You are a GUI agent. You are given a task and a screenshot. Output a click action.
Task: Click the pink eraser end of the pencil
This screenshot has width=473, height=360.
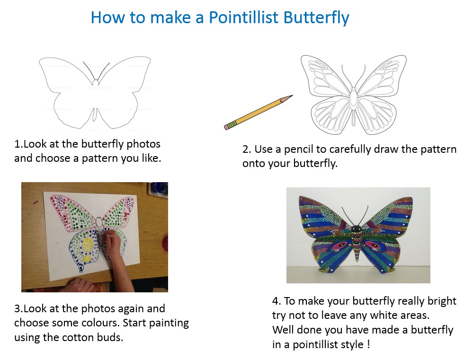point(227,126)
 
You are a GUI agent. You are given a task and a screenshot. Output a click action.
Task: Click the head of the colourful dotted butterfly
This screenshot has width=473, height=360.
point(358,229)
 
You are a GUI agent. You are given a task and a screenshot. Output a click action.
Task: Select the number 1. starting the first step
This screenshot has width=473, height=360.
point(18,144)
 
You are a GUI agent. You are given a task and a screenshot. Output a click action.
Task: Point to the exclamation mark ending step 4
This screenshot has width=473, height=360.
point(368,344)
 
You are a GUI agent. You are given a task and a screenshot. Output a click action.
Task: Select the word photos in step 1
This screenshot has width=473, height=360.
point(144,144)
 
